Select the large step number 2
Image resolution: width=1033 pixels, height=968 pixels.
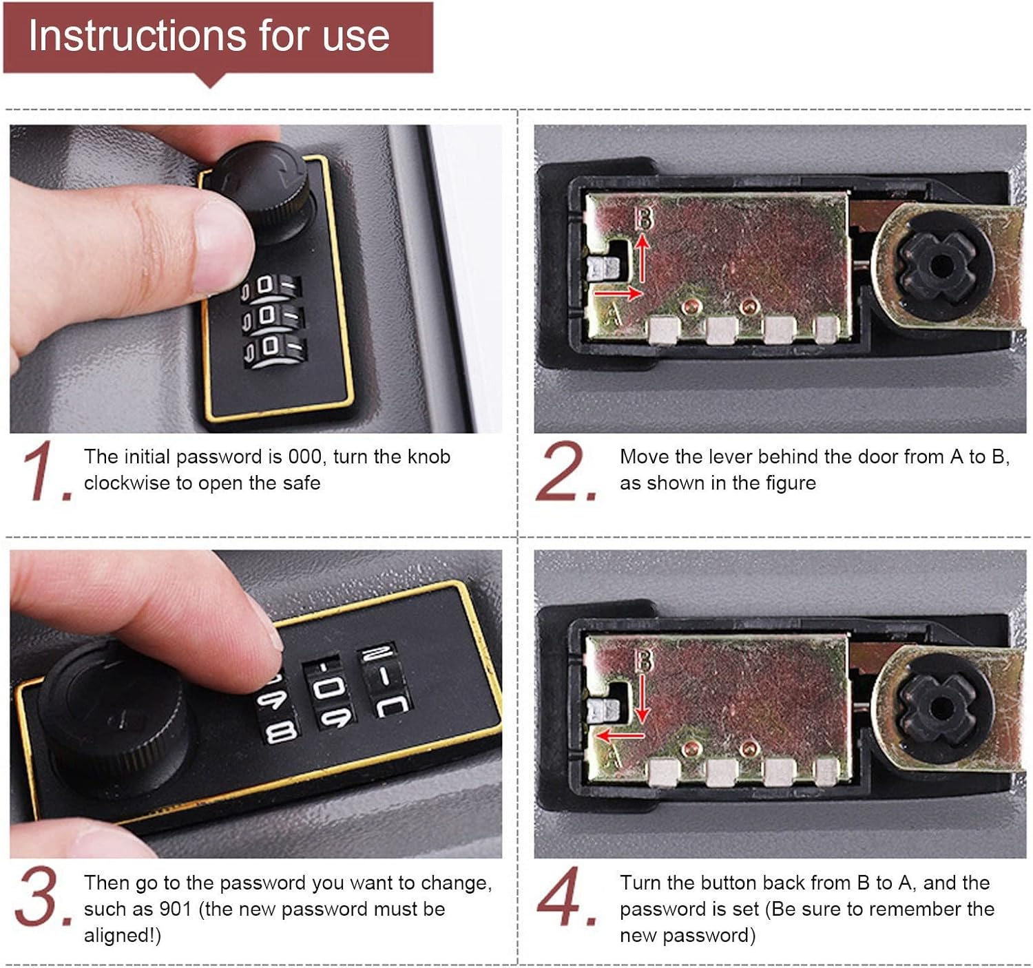(x=566, y=471)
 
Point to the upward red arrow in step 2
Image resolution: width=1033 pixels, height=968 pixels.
(x=643, y=258)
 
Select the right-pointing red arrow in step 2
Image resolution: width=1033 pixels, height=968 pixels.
(x=618, y=293)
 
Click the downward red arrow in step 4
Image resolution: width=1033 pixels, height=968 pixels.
(x=643, y=699)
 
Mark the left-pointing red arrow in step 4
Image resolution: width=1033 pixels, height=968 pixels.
(x=620, y=735)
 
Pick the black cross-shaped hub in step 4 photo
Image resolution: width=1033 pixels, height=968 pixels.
(x=939, y=708)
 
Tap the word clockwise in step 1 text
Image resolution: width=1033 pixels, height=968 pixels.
(x=127, y=483)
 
